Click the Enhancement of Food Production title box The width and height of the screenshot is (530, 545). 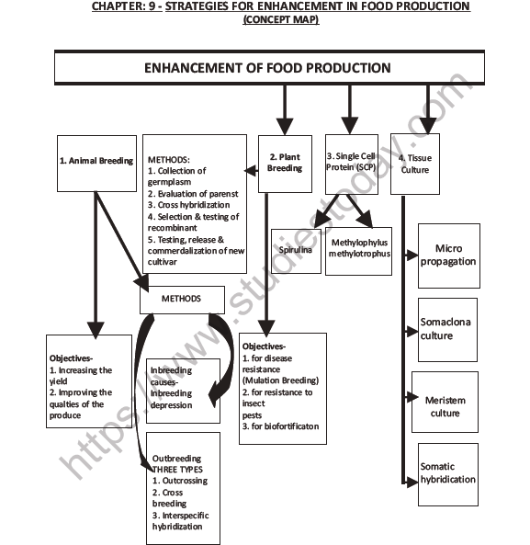click(x=266, y=68)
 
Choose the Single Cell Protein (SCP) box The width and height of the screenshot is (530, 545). click(x=352, y=163)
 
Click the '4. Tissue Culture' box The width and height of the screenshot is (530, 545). click(x=414, y=163)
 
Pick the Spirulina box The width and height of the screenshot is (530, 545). click(x=295, y=249)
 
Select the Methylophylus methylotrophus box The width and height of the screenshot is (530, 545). click(x=358, y=249)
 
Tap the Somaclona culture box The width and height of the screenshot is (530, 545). click(x=447, y=329)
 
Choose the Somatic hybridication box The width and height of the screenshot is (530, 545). click(x=447, y=473)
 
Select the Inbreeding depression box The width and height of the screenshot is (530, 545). click(x=184, y=389)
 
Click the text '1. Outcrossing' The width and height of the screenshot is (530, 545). click(x=180, y=481)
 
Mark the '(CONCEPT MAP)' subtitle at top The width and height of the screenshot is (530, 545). click(x=280, y=19)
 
